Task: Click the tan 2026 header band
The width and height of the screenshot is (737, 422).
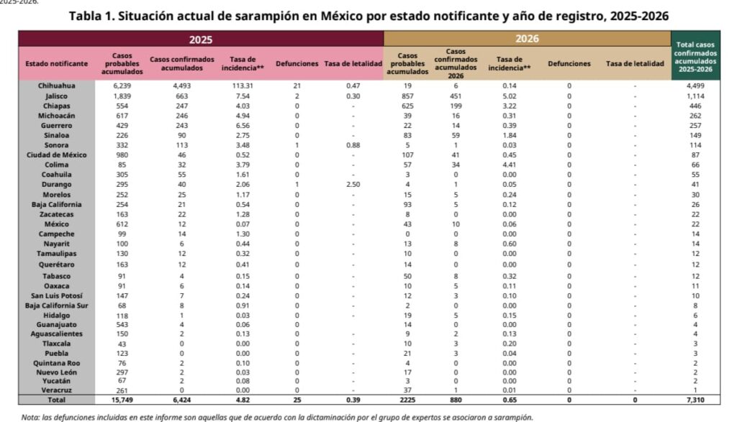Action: click(x=528, y=39)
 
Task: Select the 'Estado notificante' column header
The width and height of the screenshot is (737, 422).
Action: click(x=56, y=63)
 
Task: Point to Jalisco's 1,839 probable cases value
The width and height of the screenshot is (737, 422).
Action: click(x=122, y=95)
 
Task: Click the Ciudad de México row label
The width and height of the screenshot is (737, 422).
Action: click(x=56, y=155)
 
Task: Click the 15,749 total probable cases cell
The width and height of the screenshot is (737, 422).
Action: click(x=122, y=398)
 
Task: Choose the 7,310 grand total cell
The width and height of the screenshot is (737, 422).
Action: click(x=695, y=398)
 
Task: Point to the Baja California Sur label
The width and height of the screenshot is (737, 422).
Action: click(x=56, y=305)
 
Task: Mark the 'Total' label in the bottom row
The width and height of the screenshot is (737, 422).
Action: click(x=56, y=398)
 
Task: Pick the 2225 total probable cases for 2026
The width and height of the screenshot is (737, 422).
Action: click(x=407, y=398)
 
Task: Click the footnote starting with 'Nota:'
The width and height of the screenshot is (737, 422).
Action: click(x=276, y=416)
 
